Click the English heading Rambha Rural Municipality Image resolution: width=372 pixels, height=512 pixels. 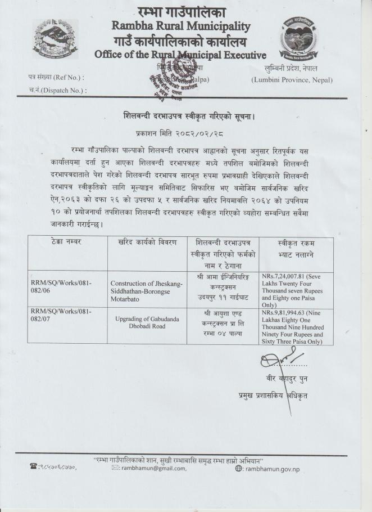coord(181,26)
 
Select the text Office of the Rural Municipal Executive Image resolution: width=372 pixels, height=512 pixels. coord(180,55)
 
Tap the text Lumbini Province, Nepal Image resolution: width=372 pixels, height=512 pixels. coord(292,80)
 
